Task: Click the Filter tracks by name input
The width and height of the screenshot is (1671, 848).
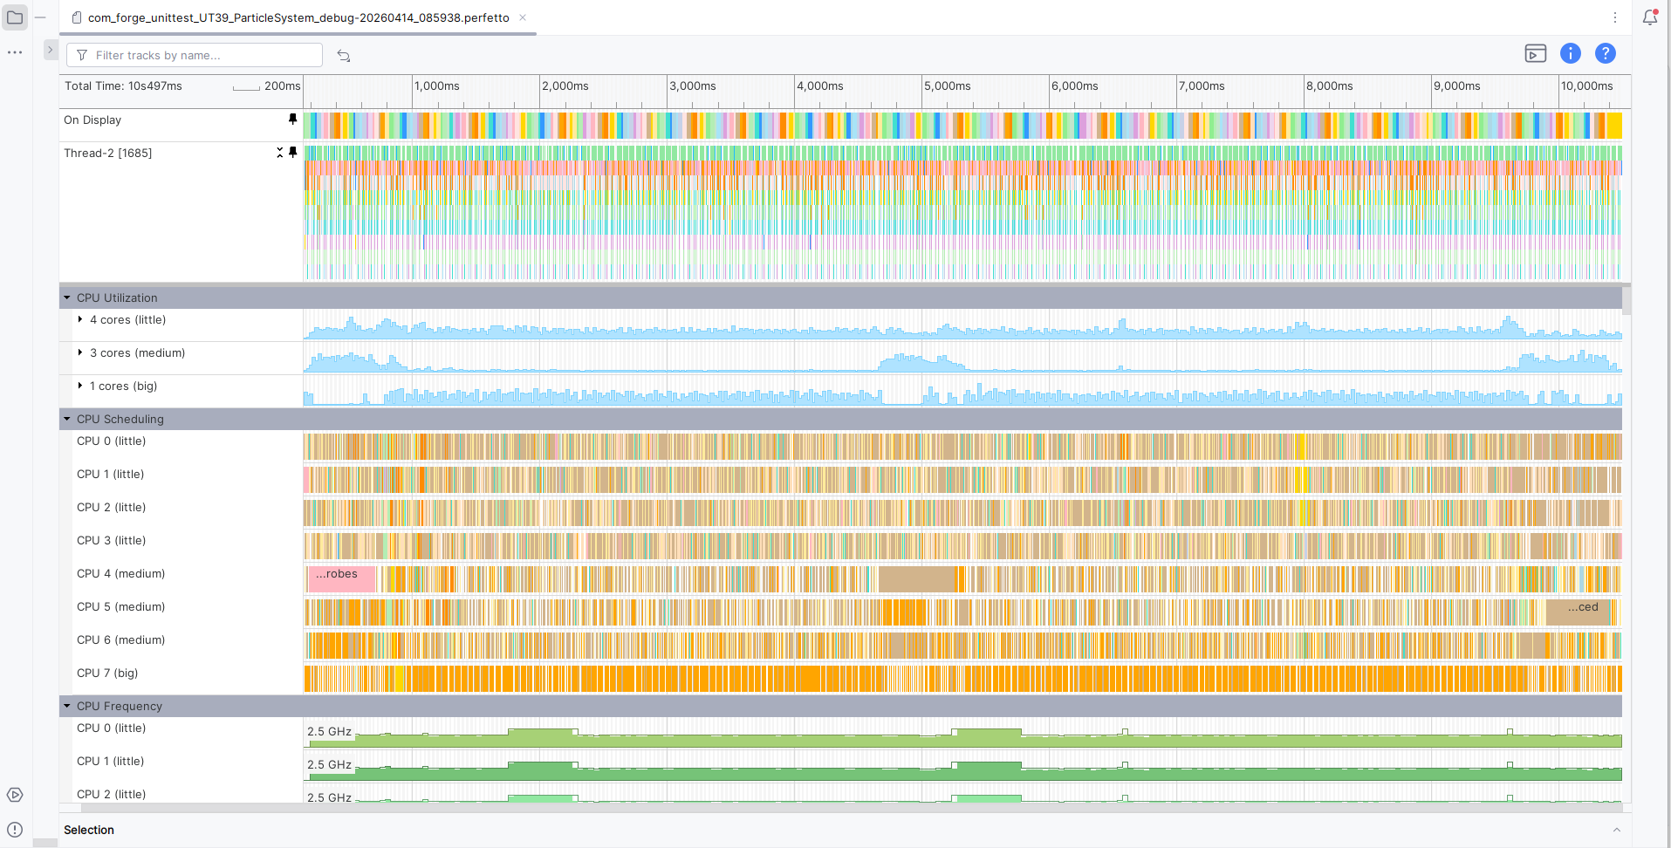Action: point(195,55)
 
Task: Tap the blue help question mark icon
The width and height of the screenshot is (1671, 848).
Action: point(1605,53)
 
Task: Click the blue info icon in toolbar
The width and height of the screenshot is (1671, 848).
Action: point(1570,53)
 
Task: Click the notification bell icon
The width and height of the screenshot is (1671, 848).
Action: point(1650,17)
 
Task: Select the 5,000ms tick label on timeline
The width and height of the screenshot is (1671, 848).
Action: point(947,86)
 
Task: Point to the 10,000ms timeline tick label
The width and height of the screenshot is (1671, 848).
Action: point(1586,86)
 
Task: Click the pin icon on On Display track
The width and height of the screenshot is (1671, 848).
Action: point(292,119)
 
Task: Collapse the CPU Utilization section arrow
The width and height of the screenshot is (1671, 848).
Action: point(67,297)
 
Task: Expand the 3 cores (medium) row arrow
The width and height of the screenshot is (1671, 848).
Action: point(80,352)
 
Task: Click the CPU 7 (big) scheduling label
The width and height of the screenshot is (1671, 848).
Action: point(107,673)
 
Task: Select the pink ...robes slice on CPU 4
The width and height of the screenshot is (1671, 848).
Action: point(340,578)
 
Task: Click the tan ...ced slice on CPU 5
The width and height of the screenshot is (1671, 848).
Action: point(1579,612)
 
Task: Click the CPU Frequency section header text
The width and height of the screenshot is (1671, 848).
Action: point(120,706)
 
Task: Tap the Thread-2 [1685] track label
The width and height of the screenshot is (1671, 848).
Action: point(107,153)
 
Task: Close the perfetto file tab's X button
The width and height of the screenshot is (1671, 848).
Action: point(523,17)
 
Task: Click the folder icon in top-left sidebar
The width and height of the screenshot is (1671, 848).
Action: point(15,17)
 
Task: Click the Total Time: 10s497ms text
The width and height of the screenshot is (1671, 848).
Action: point(123,85)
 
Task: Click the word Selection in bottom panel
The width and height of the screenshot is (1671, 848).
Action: point(89,830)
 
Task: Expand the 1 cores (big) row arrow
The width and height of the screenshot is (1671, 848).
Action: point(80,386)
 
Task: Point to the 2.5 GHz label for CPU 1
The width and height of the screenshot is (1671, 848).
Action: point(329,764)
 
